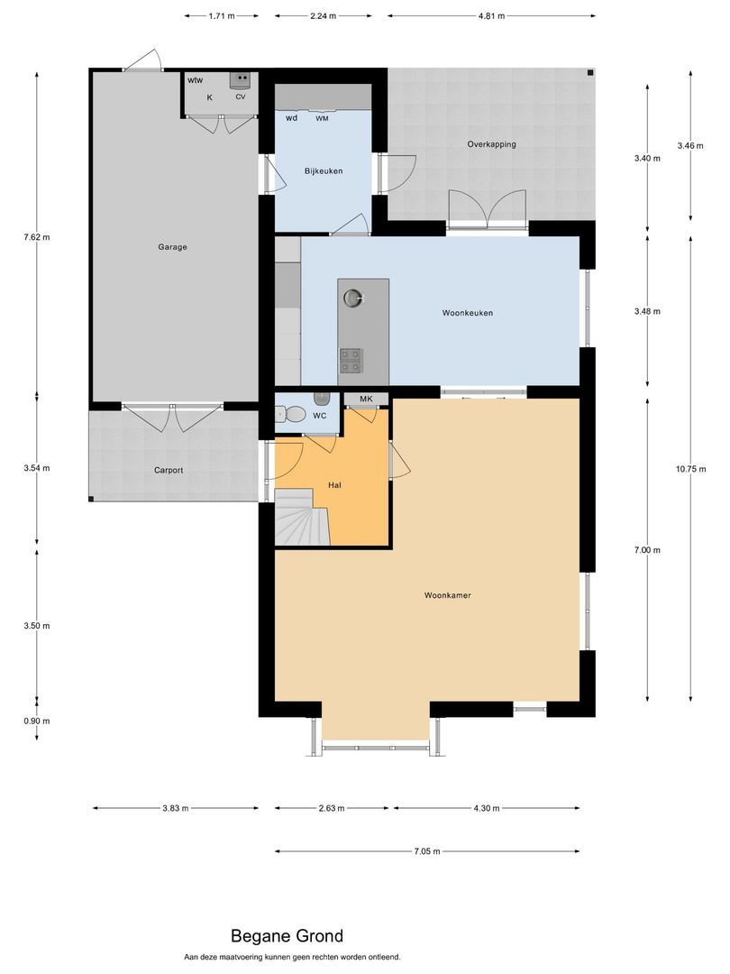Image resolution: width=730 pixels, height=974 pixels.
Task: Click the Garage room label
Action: coord(172,247)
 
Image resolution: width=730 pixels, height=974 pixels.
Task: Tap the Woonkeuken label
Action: coord(468,313)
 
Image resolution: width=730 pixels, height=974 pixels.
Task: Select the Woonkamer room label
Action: coord(448,595)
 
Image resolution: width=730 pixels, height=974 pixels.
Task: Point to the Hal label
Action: coord(334,485)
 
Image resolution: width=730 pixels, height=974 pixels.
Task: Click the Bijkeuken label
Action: coord(324,170)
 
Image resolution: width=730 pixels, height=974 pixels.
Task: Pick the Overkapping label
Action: coord(492,144)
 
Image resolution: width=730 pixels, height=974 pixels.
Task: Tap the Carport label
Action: coord(169,470)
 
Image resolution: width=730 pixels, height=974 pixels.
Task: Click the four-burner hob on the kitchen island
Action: coord(351,360)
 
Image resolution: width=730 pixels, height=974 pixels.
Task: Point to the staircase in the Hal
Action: coord(302,517)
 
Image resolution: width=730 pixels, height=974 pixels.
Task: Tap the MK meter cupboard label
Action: coord(366,399)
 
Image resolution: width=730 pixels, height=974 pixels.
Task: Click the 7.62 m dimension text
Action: coord(37,236)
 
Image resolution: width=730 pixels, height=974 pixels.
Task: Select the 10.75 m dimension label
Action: coord(691,469)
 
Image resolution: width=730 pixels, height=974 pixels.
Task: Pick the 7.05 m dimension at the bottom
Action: coord(427,851)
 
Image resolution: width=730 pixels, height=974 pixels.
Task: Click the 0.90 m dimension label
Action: coord(37,721)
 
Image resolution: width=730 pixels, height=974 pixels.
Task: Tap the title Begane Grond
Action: coord(287,936)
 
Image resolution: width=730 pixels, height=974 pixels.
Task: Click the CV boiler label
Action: coord(241,96)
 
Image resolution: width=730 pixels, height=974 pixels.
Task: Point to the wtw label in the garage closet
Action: coord(196,80)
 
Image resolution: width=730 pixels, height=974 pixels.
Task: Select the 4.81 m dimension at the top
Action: coord(492,16)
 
